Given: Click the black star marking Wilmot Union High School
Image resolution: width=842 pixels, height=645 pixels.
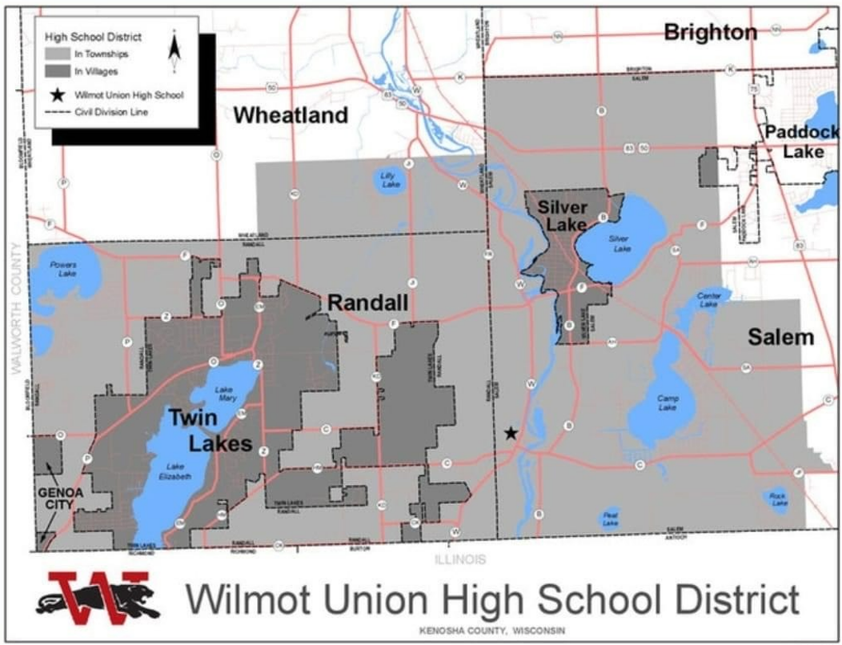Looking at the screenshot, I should click(511, 434).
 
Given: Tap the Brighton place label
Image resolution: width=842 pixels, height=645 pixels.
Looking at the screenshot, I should click(710, 32).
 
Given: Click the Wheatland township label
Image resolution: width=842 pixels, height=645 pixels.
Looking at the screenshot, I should click(291, 115).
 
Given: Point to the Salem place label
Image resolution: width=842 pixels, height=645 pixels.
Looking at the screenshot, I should click(780, 337).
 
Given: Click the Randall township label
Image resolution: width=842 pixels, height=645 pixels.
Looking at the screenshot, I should click(368, 302).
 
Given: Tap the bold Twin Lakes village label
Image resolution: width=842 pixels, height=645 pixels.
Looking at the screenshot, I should click(210, 430).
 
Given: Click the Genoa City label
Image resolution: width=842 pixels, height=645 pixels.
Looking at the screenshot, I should click(60, 498).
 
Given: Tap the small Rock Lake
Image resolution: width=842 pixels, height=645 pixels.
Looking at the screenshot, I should click(776, 499).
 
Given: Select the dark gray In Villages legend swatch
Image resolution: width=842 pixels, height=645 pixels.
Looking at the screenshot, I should click(57, 71).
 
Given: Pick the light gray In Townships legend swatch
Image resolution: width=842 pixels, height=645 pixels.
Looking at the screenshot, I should click(57, 54).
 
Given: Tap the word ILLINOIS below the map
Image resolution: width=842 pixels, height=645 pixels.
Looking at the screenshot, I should click(459, 560).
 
